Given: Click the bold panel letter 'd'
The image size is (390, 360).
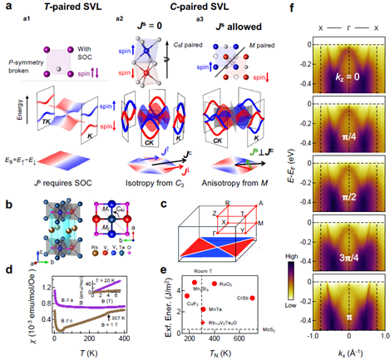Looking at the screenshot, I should click(7, 269).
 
